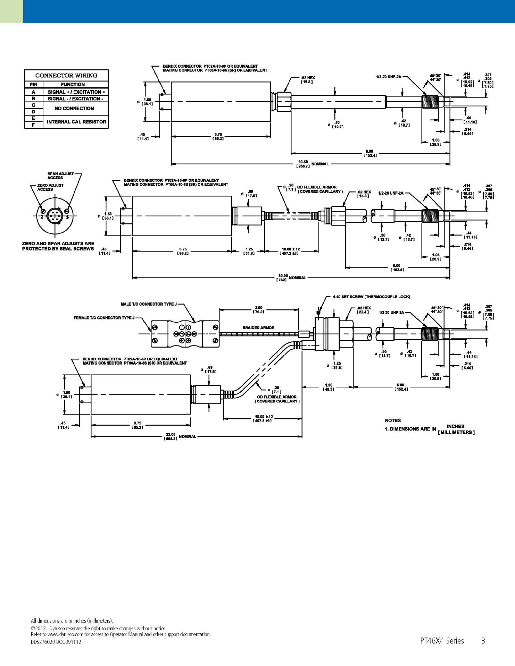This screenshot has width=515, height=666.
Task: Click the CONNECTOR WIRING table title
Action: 66,75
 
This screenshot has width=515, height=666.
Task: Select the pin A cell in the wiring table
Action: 33,92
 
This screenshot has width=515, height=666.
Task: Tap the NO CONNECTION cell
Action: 74,108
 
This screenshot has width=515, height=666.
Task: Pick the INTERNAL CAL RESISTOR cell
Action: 76,122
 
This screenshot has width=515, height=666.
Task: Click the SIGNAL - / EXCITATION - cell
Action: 76,99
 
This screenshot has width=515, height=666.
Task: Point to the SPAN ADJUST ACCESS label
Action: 60,176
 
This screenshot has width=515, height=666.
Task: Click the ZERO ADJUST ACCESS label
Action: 50,187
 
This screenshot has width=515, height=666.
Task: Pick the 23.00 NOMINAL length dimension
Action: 179,436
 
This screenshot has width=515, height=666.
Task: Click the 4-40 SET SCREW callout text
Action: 371,297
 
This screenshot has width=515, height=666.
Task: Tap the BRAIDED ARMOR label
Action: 258,327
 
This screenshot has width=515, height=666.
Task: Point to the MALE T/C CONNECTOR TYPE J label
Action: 149,304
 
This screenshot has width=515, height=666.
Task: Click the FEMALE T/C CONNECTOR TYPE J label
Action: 104,318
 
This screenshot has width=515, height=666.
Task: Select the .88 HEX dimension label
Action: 364,310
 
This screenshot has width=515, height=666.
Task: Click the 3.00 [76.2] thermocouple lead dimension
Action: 259,309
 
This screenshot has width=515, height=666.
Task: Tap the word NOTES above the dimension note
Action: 393,420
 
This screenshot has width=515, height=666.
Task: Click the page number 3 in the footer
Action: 483,641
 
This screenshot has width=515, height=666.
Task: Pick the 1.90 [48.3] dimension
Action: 328,387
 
